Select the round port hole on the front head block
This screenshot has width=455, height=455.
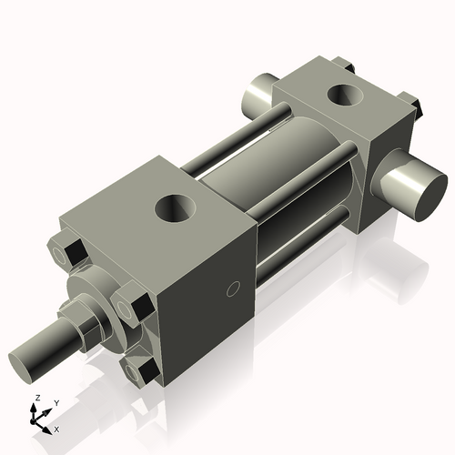pyautogui.click(x=174, y=208)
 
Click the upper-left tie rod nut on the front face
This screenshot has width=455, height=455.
pyautogui.click(x=67, y=252)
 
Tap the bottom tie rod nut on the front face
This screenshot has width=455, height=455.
pyautogui.click(x=143, y=371)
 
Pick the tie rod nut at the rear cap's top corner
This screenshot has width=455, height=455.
pyautogui.click(x=344, y=65)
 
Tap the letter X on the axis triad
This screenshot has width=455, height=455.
pyautogui.click(x=56, y=428)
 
